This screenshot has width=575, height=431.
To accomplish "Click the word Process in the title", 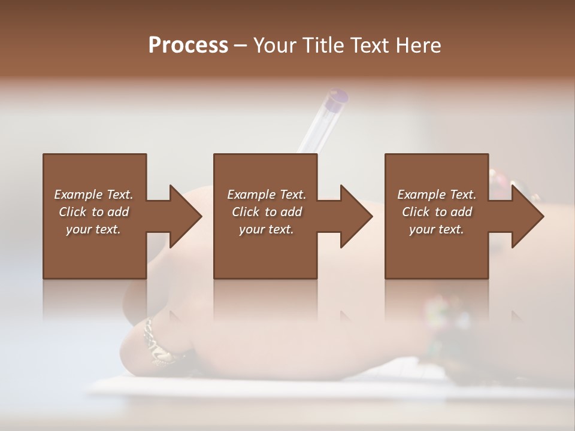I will (188, 45).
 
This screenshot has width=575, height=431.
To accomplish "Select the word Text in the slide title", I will (368, 45).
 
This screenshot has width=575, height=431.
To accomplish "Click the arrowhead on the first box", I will (184, 216).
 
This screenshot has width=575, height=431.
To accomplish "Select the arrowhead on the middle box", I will (355, 216).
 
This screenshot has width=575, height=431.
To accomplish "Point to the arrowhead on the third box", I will (526, 216).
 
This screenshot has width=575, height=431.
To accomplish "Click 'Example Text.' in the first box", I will (93, 195).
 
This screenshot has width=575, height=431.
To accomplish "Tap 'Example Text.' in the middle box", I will (267, 195).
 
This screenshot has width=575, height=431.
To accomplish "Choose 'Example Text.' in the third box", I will (437, 195).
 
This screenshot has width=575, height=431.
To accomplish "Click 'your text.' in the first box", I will (93, 229).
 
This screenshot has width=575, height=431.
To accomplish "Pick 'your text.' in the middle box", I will (267, 229).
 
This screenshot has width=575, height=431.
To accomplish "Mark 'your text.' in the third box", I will (437, 229).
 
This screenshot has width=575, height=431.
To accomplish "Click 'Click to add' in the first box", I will (93, 212).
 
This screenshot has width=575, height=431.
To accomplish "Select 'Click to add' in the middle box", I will (267, 212).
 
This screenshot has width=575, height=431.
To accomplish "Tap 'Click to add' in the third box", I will (437, 212).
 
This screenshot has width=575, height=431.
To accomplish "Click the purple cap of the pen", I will (338, 96).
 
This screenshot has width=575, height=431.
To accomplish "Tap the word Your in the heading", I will (273, 45).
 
